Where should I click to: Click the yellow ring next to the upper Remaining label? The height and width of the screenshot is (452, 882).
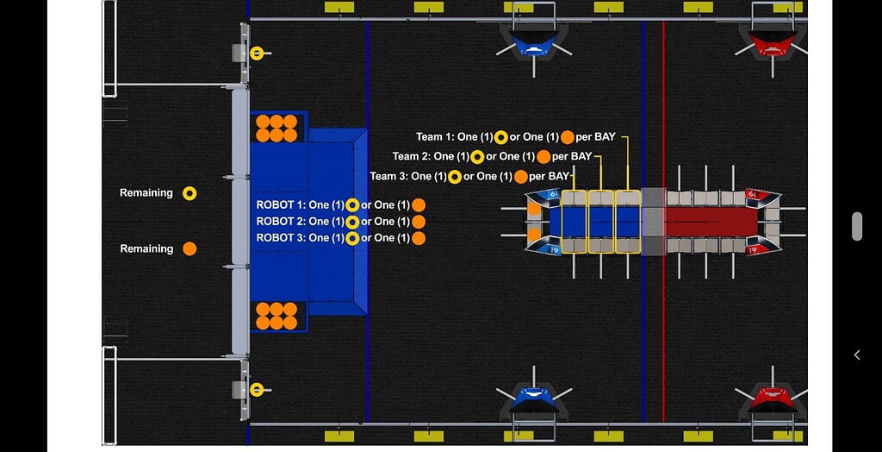(189, 194)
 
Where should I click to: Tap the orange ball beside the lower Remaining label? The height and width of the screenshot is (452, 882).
(189, 248)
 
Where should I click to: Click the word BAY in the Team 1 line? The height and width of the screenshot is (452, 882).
(604, 137)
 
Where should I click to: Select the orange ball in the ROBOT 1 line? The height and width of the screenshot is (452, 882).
(419, 205)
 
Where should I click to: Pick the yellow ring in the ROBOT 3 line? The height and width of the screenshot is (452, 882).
(352, 238)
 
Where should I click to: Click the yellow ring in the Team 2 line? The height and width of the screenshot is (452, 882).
(477, 157)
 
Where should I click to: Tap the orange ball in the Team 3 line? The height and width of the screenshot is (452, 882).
(521, 177)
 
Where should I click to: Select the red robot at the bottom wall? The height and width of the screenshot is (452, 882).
(773, 401)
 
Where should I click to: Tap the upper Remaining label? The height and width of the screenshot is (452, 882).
(146, 192)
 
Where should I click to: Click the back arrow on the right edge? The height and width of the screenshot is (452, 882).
(857, 355)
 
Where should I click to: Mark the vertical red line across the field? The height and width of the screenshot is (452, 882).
(663, 221)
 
